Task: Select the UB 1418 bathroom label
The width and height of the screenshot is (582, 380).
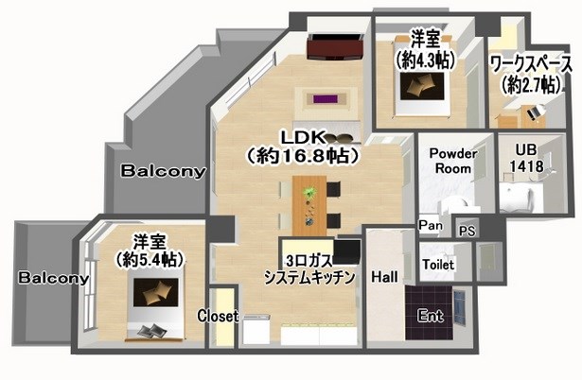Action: click(527, 158)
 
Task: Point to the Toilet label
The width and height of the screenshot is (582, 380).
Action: click(438, 264)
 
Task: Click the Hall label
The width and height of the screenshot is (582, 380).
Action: click(385, 277)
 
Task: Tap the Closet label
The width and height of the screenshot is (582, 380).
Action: click(218, 316)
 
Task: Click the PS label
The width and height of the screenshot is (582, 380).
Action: click(466, 231)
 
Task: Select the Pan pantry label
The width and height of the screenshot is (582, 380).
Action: click(429, 225)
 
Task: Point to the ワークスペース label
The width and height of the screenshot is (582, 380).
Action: click(531, 64)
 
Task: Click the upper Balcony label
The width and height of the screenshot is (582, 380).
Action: click(163, 171)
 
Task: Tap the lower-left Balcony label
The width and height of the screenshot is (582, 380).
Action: click(53, 279)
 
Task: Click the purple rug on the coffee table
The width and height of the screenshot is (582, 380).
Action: click(326, 97)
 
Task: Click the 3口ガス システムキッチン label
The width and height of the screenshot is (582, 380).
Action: click(309, 268)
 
